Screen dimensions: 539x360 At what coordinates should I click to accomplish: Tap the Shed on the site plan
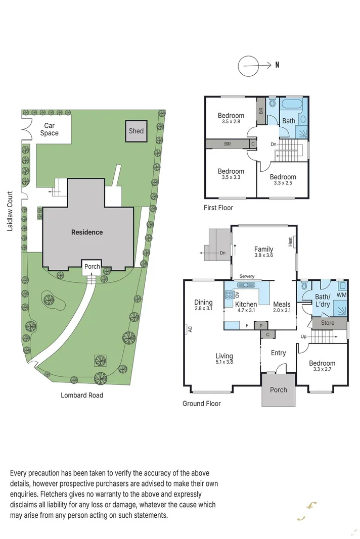[136, 131]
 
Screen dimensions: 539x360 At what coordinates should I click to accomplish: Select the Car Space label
[49, 129]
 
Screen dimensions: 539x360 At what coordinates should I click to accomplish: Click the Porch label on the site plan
[92, 267]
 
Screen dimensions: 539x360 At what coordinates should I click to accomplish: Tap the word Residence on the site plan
[86, 232]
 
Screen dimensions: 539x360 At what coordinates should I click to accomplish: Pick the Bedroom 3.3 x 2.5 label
[283, 180]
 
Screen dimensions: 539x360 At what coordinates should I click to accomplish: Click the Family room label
[263, 252]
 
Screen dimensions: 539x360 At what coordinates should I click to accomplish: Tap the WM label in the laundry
[341, 295]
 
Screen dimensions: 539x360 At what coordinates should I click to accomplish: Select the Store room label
[327, 323]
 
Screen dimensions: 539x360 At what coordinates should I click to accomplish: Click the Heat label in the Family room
[291, 242]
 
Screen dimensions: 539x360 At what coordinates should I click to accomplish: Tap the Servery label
[247, 276]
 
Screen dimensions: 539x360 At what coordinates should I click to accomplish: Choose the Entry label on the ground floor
[278, 353]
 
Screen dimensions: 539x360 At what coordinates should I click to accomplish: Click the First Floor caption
[219, 207]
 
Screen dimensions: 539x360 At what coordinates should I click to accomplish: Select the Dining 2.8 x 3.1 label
[203, 306]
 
